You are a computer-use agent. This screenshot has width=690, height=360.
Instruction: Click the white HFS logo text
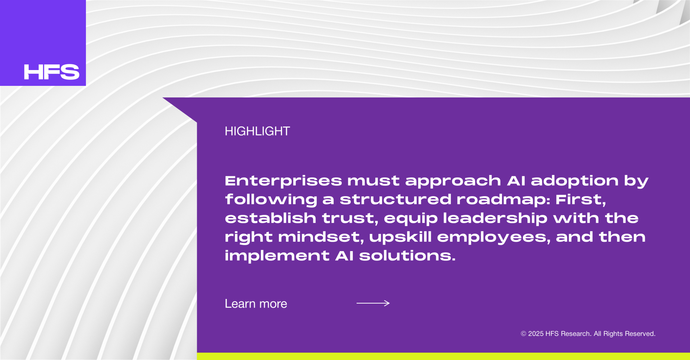[51, 72]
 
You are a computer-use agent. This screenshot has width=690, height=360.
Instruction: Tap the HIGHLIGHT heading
[257, 131]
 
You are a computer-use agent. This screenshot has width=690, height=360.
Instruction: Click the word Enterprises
[284, 181]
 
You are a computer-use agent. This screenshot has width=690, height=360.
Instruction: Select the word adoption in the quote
[575, 181]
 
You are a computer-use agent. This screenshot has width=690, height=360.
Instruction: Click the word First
[581, 200]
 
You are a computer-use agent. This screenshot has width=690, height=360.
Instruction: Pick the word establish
[271, 218]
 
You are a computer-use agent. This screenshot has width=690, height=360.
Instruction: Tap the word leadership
[495, 218]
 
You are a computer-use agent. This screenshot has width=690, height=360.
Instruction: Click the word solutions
[407, 256]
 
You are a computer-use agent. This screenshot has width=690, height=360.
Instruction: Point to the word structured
[395, 200]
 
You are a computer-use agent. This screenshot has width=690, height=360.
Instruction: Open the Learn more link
[256, 304]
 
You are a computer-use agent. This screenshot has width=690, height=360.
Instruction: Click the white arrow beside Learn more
[373, 303]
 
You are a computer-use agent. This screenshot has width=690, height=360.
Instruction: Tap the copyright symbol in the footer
[524, 334]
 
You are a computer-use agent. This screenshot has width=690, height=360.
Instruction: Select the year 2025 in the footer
[536, 334]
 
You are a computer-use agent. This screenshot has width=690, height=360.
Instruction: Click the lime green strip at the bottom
[443, 356]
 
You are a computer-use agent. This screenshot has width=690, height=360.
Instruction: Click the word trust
[350, 218]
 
